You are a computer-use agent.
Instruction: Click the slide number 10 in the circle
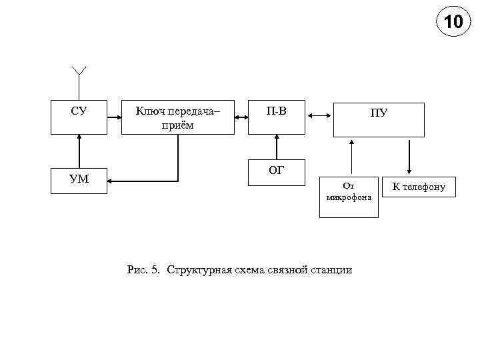tap(453, 23)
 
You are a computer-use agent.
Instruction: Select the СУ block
tap(79, 117)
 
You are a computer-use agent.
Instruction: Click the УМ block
tap(79, 180)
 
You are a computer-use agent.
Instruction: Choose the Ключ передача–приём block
tap(178, 117)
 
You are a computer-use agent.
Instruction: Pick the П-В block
tap(277, 117)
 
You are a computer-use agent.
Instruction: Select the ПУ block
tap(379, 119)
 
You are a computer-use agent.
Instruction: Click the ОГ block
tap(277, 172)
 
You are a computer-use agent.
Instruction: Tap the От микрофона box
tap(349, 197)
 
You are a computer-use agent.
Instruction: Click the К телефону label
tap(418, 187)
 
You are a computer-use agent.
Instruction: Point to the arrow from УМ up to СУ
tap(79, 151)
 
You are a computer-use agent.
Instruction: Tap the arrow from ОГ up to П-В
tap(277, 147)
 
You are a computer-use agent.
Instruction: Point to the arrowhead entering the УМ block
tap(111, 180)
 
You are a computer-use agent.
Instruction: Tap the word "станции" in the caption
tap(331, 270)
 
